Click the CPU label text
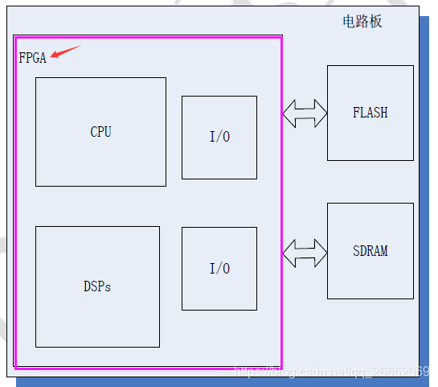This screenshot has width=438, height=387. [100, 132]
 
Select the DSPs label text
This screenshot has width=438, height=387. [97, 286]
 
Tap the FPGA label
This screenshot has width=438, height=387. [32, 58]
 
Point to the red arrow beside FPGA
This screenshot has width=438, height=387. [66, 52]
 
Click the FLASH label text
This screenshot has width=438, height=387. [370, 113]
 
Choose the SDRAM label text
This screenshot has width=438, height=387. [370, 251]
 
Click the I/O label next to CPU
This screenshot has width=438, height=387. [219, 137]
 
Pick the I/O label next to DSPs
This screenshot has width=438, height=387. [219, 269]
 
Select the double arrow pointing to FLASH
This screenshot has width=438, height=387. [305, 112]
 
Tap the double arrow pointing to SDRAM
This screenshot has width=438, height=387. [305, 251]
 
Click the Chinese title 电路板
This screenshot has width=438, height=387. [362, 21]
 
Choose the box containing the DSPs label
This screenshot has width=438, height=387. [97, 322]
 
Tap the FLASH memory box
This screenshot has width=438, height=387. [370, 137]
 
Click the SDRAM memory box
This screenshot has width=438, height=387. [370, 278]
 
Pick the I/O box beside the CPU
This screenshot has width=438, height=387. [219, 161]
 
